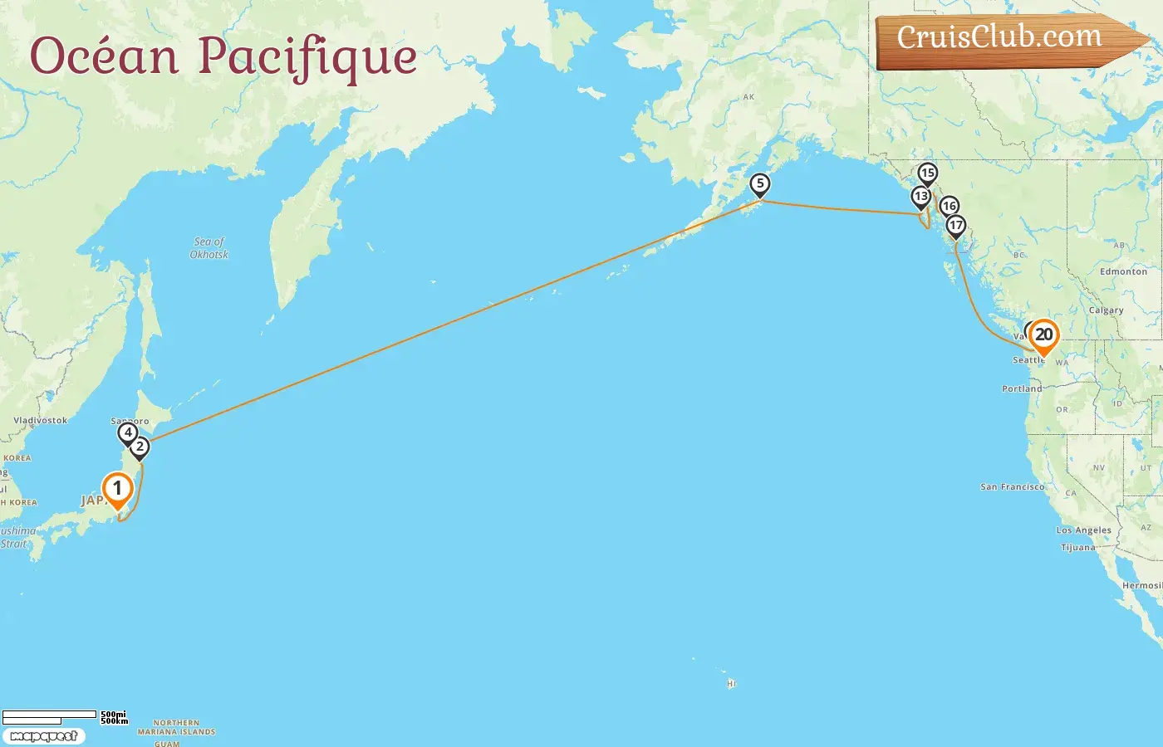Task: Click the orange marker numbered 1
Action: (117, 489)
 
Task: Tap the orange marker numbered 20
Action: (1043, 335)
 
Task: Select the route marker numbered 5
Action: (759, 184)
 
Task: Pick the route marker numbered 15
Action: (927, 173)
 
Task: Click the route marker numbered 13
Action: (920, 197)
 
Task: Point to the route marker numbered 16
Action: (949, 206)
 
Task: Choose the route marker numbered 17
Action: (955, 226)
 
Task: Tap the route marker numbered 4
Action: (127, 432)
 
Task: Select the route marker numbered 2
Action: (140, 447)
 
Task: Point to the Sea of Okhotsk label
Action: (209, 248)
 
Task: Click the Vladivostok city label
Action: (40, 420)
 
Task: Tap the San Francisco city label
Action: (1012, 487)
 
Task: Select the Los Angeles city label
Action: (1083, 530)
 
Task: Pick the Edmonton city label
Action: (1123, 271)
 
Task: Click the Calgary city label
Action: (1106, 310)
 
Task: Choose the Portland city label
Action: (1022, 388)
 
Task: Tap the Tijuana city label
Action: (1078, 548)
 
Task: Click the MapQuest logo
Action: (43, 736)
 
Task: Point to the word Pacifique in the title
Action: (307, 56)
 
